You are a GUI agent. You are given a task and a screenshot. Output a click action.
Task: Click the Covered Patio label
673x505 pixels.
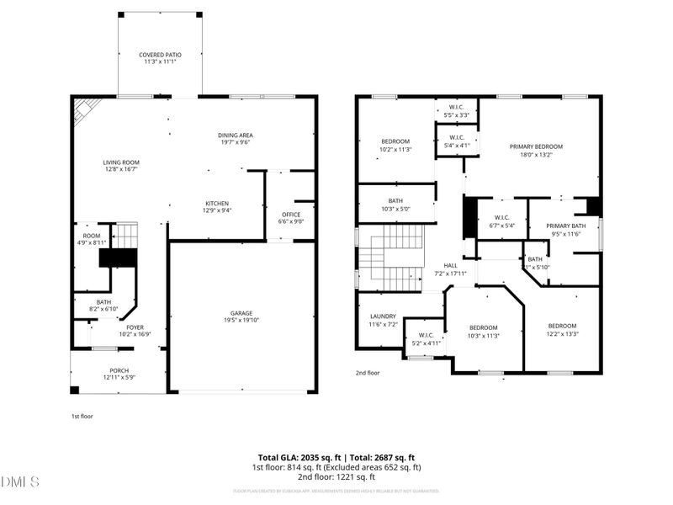click(160, 55)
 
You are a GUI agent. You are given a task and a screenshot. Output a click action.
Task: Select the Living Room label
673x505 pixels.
click(121, 162)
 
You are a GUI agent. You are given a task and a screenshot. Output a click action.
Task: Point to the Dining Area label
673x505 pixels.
click(236, 136)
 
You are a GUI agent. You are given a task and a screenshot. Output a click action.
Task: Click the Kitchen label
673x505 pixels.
click(218, 203)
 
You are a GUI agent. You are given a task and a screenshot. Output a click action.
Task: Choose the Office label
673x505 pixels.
click(290, 214)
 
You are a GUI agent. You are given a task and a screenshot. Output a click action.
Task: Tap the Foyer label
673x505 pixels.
click(135, 327)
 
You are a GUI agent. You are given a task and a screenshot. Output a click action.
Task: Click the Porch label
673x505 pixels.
click(119, 370)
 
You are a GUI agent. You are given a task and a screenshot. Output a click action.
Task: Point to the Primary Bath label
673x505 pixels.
click(565, 226)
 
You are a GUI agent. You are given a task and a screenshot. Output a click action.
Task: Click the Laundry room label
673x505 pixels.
click(383, 316)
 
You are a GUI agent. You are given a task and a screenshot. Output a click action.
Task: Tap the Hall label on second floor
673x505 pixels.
click(451, 265)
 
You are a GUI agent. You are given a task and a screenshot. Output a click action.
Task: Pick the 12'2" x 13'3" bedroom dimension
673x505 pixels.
click(562, 334)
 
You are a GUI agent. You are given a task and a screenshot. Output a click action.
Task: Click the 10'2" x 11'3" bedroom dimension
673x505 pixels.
click(395, 150)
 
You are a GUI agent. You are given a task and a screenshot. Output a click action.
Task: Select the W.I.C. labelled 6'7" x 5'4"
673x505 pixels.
click(501, 226)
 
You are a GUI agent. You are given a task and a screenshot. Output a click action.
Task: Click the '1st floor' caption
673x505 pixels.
click(82, 416)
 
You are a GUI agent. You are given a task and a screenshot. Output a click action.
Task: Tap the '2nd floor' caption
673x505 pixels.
click(368, 372)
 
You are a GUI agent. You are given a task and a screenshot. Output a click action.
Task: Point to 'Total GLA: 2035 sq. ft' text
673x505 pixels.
click(299, 457)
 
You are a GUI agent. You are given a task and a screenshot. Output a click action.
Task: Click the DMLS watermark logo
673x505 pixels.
click(21, 482)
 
